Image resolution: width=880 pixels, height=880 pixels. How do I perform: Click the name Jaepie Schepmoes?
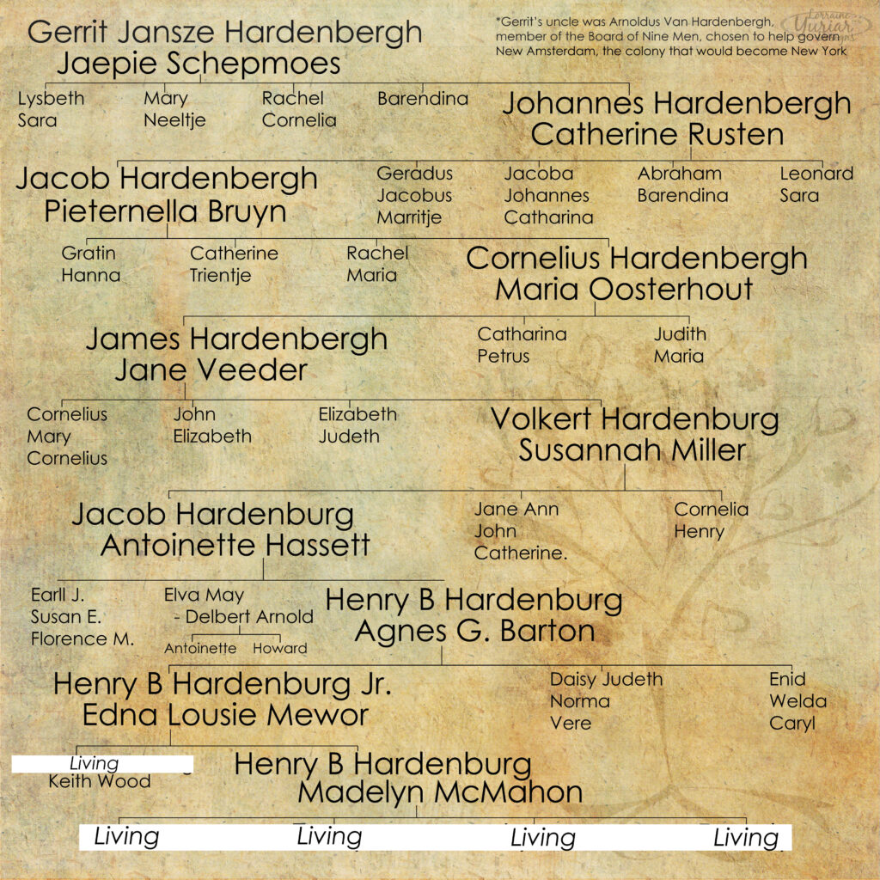199,64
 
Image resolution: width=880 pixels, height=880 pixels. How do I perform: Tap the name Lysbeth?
51,98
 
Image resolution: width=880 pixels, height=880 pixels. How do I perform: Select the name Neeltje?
174,120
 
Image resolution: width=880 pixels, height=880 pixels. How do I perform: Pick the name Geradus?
414,174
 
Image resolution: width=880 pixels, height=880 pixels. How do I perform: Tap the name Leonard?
816,174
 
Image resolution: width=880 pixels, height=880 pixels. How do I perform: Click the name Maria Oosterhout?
624,290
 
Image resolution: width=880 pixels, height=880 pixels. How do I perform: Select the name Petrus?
503,356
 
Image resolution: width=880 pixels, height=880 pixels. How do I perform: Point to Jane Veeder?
211,370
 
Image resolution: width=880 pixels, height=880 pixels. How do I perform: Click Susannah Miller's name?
632,450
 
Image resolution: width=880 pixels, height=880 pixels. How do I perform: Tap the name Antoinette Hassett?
235,545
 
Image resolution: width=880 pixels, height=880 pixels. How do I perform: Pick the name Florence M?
82,639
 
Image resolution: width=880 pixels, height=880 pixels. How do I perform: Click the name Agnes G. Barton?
474,631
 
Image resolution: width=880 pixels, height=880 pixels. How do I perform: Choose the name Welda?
797,701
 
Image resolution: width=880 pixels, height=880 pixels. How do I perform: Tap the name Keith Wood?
99,781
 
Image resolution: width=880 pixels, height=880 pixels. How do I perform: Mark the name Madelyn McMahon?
440,792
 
